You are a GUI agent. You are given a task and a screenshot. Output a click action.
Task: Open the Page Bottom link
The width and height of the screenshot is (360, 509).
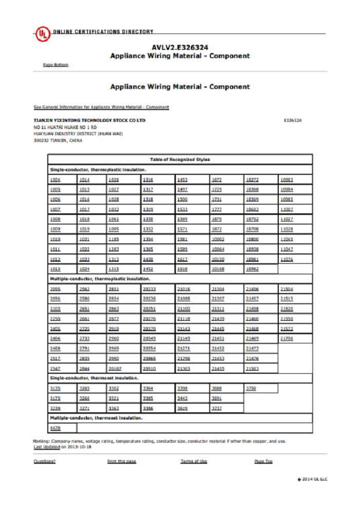click(56, 65)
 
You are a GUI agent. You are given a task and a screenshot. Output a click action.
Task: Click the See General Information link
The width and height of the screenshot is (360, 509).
click(101, 107)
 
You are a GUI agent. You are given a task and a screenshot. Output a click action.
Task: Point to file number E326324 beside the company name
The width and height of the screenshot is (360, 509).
click(293, 120)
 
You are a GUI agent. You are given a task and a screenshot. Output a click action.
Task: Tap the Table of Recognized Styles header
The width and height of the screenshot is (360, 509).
click(179, 159)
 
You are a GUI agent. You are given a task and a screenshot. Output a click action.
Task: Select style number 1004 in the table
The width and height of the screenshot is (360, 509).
click(55, 180)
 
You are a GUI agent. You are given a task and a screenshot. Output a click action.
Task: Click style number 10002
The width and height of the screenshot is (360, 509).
click(218, 239)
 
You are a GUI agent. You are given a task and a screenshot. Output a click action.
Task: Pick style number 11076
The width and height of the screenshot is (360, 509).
click(286, 259)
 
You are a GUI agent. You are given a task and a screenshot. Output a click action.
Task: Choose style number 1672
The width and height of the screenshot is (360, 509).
click(217, 180)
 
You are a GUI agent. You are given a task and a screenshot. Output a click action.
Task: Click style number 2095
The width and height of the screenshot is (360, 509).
click(55, 289)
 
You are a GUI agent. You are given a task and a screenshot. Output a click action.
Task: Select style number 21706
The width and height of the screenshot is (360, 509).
click(286, 338)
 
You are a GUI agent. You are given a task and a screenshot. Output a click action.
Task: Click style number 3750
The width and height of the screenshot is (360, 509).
click(251, 388)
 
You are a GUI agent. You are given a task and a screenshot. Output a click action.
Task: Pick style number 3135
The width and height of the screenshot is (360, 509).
click(55, 388)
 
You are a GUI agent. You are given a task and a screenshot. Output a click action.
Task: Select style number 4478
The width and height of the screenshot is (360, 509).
click(55, 428)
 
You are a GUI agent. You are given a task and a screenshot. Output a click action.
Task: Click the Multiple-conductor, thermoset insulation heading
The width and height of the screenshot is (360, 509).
click(96, 418)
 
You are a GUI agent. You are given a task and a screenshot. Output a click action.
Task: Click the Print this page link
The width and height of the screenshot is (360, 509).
click(121, 461)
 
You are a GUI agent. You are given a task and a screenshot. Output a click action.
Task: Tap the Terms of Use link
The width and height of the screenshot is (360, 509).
click(193, 461)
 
